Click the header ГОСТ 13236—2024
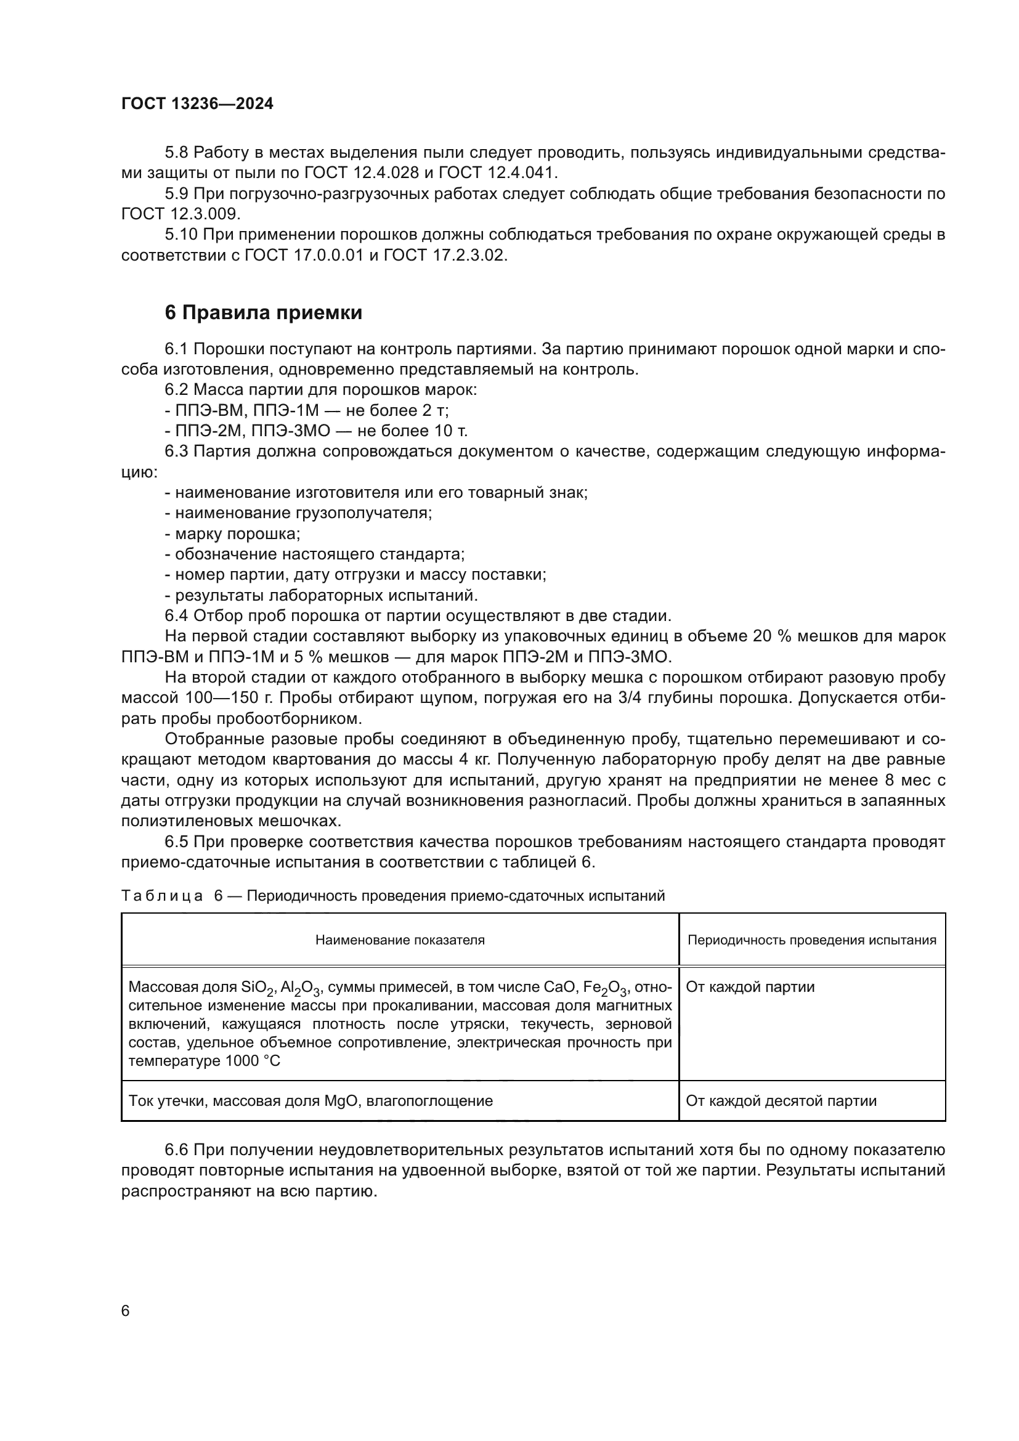(x=197, y=104)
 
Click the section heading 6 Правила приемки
(x=263, y=312)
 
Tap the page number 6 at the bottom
(x=126, y=1311)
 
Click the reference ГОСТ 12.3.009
(x=180, y=214)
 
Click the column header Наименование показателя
(x=400, y=940)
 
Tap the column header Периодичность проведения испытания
(x=811, y=940)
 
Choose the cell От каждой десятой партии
(x=781, y=1101)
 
